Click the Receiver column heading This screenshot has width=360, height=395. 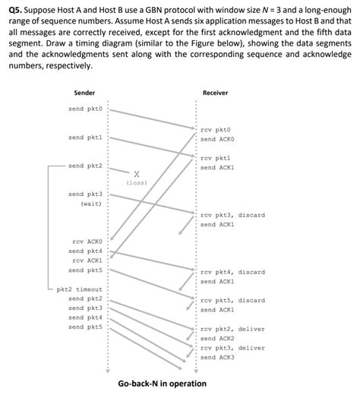[215, 93]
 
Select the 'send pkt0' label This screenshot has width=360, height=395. [84, 109]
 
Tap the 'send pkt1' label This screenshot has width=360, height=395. [84, 137]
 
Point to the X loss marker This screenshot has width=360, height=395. [136, 173]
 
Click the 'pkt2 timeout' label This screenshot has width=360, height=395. [79, 289]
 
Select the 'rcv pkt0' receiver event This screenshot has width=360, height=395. [216, 130]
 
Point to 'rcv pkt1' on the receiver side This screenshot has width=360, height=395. [216, 157]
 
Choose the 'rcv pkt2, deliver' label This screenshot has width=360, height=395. [232, 329]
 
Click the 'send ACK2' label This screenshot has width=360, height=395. [217, 338]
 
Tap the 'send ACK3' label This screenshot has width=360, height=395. [217, 357]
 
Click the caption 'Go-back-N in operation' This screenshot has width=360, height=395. [162, 384]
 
